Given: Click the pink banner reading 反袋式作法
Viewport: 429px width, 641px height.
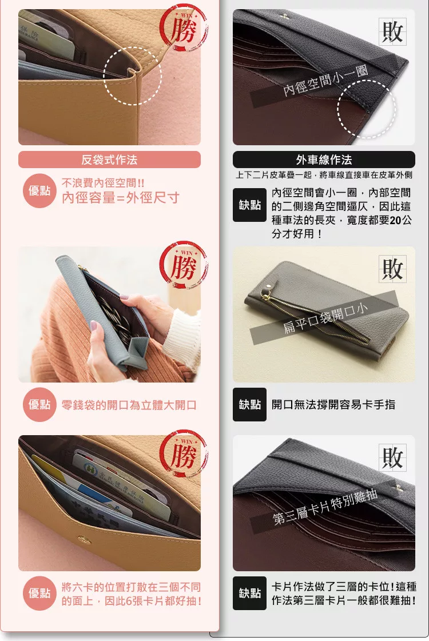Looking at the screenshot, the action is pos(109,160).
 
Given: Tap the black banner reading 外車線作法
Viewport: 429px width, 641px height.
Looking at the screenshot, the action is pos(324,160).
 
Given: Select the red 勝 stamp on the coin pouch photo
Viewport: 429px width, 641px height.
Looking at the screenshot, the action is pos(184,266).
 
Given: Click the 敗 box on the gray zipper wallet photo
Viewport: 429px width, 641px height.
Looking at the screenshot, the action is pos(392,269).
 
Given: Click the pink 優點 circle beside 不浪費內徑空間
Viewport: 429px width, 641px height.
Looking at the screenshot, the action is pos(39,191).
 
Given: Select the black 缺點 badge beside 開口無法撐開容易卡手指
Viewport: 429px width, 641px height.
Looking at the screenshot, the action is pos(249,404).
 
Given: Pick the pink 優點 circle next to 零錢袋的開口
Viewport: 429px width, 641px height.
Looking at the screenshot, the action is pos(39,404).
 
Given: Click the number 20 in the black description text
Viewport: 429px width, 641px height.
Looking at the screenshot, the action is pos(395,220).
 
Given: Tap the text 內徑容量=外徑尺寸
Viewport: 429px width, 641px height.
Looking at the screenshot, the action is pos(121,198).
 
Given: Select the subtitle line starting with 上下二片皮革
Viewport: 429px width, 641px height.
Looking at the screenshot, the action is pos(324,175).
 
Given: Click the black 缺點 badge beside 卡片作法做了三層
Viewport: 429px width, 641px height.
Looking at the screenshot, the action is pos(249,593).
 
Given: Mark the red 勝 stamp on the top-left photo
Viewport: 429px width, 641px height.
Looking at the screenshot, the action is pos(184,29).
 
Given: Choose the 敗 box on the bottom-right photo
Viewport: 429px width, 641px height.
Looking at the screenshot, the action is pos(392,457).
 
